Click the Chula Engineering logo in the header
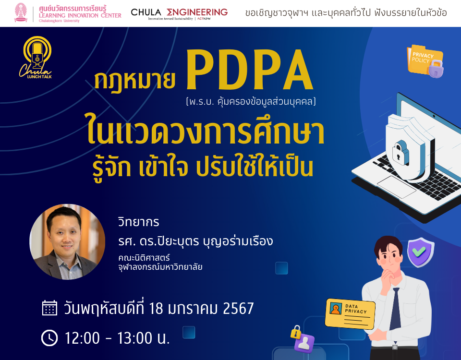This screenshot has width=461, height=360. tap(179, 13)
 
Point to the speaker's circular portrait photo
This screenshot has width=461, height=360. tap(67, 242)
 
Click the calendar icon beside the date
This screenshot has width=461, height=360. tap(49, 308)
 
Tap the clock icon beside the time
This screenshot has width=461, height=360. tap(49, 338)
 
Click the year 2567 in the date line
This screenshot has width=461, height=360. tap(238, 308)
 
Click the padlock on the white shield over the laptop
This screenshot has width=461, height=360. tap(400, 152)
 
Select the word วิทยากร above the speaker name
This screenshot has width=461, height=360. tap(138, 223)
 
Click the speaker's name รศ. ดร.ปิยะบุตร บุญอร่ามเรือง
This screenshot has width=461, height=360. tap(195, 241)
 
